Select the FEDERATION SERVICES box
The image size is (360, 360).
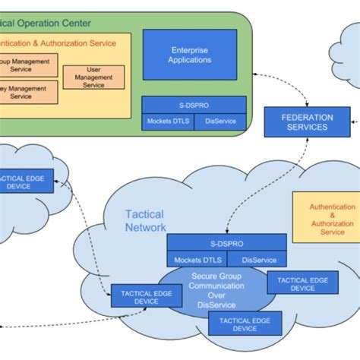point(307,122)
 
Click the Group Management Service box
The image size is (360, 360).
point(28,65)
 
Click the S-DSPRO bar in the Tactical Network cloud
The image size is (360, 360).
point(227,243)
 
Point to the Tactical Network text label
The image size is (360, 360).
point(144,220)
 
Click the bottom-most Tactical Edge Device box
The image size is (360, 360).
point(244,324)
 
